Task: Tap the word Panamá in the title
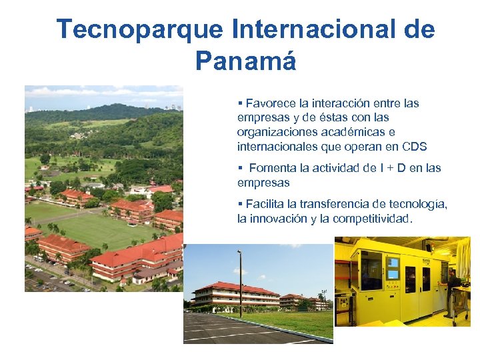pos(245,61)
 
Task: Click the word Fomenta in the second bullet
pos(274,168)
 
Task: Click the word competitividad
pos(370,219)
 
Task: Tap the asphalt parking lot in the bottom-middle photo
pos(220,330)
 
